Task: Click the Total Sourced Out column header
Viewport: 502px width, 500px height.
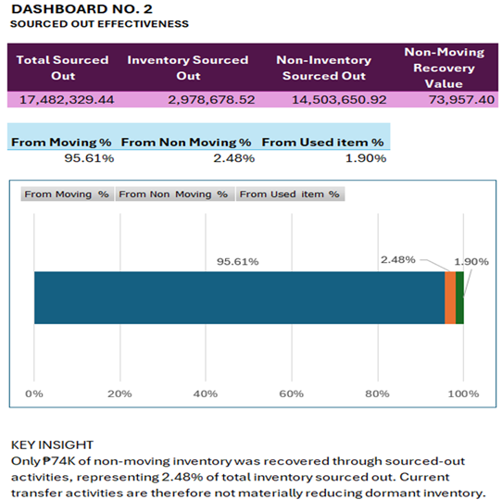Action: pyautogui.click(x=62, y=68)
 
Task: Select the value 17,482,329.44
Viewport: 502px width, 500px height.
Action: pyautogui.click(x=67, y=100)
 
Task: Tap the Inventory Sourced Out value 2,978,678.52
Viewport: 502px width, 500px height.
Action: pyautogui.click(x=211, y=100)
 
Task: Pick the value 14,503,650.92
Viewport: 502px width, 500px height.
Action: pyautogui.click(x=339, y=100)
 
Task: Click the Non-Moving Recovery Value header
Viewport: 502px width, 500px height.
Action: pyautogui.click(x=444, y=68)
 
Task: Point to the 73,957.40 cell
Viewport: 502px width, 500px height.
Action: pyautogui.click(x=461, y=100)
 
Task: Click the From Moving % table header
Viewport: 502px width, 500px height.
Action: pyautogui.click(x=61, y=142)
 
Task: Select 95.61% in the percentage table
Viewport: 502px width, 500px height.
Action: pyautogui.click(x=89, y=158)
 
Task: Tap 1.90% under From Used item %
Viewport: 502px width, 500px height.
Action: pyautogui.click(x=366, y=158)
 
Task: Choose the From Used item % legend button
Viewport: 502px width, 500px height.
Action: pyautogui.click(x=291, y=194)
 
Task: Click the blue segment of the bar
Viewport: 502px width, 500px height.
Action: pyautogui.click(x=240, y=298)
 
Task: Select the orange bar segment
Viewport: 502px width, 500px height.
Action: pyautogui.click(x=450, y=298)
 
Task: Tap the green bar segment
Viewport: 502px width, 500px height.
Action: pyautogui.click(x=459, y=298)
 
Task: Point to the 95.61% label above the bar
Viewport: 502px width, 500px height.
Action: pyautogui.click(x=237, y=261)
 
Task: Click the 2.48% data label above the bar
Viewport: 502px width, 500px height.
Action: pyautogui.click(x=398, y=259)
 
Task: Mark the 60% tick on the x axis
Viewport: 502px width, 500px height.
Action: pyautogui.click(x=292, y=394)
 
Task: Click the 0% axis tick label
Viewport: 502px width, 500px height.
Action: pyautogui.click(x=34, y=394)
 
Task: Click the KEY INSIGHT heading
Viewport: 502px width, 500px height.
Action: pyautogui.click(x=52, y=445)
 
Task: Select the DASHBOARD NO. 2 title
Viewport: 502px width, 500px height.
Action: pyautogui.click(x=82, y=9)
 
